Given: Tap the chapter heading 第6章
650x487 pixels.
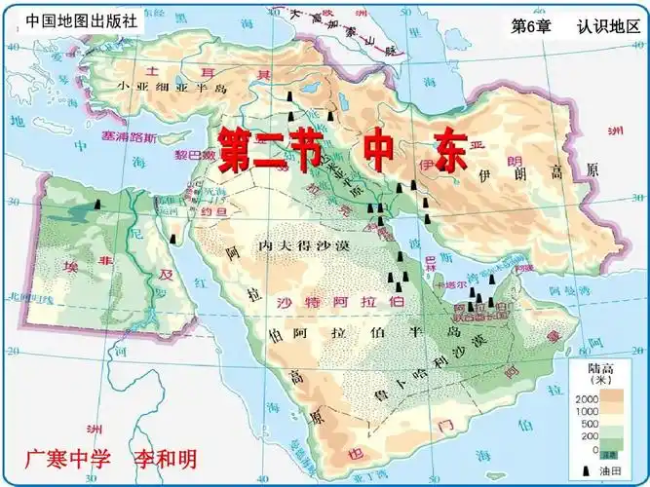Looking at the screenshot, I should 531,26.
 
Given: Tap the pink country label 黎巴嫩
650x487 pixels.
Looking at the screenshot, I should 195,155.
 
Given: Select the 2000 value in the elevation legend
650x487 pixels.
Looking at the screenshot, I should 588,399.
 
